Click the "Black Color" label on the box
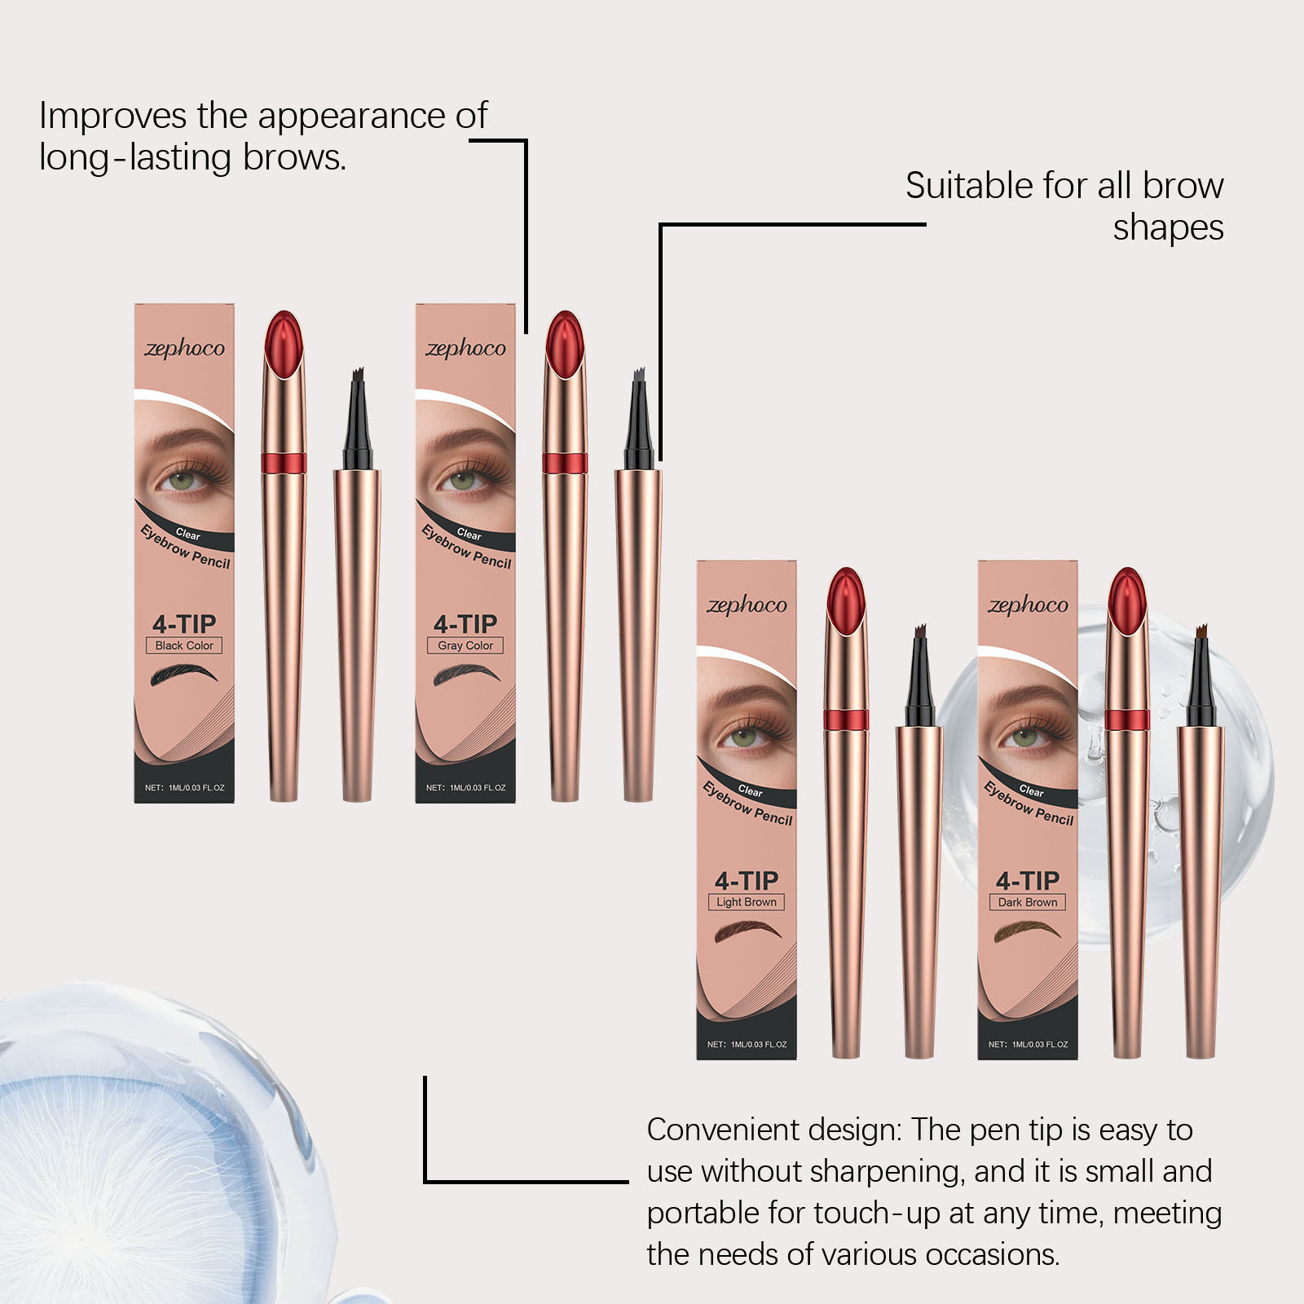pyautogui.click(x=184, y=645)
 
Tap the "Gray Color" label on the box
pyautogui.click(x=465, y=645)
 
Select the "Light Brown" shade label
pyautogui.click(x=747, y=902)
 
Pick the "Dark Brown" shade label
pyautogui.click(x=1028, y=902)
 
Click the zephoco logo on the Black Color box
pyautogui.click(x=184, y=349)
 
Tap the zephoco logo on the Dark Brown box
pyautogui.click(x=1028, y=606)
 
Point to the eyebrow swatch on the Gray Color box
pyautogui.click(x=465, y=676)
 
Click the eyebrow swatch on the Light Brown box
pyautogui.click(x=747, y=932)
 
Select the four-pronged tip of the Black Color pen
pyautogui.click(x=357, y=377)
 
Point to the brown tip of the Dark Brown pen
pyautogui.click(x=1200, y=634)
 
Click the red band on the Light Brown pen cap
pyautogui.click(x=846, y=720)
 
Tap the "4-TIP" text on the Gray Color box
pyautogui.click(x=465, y=624)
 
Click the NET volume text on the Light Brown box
pyautogui.click(x=747, y=1044)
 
